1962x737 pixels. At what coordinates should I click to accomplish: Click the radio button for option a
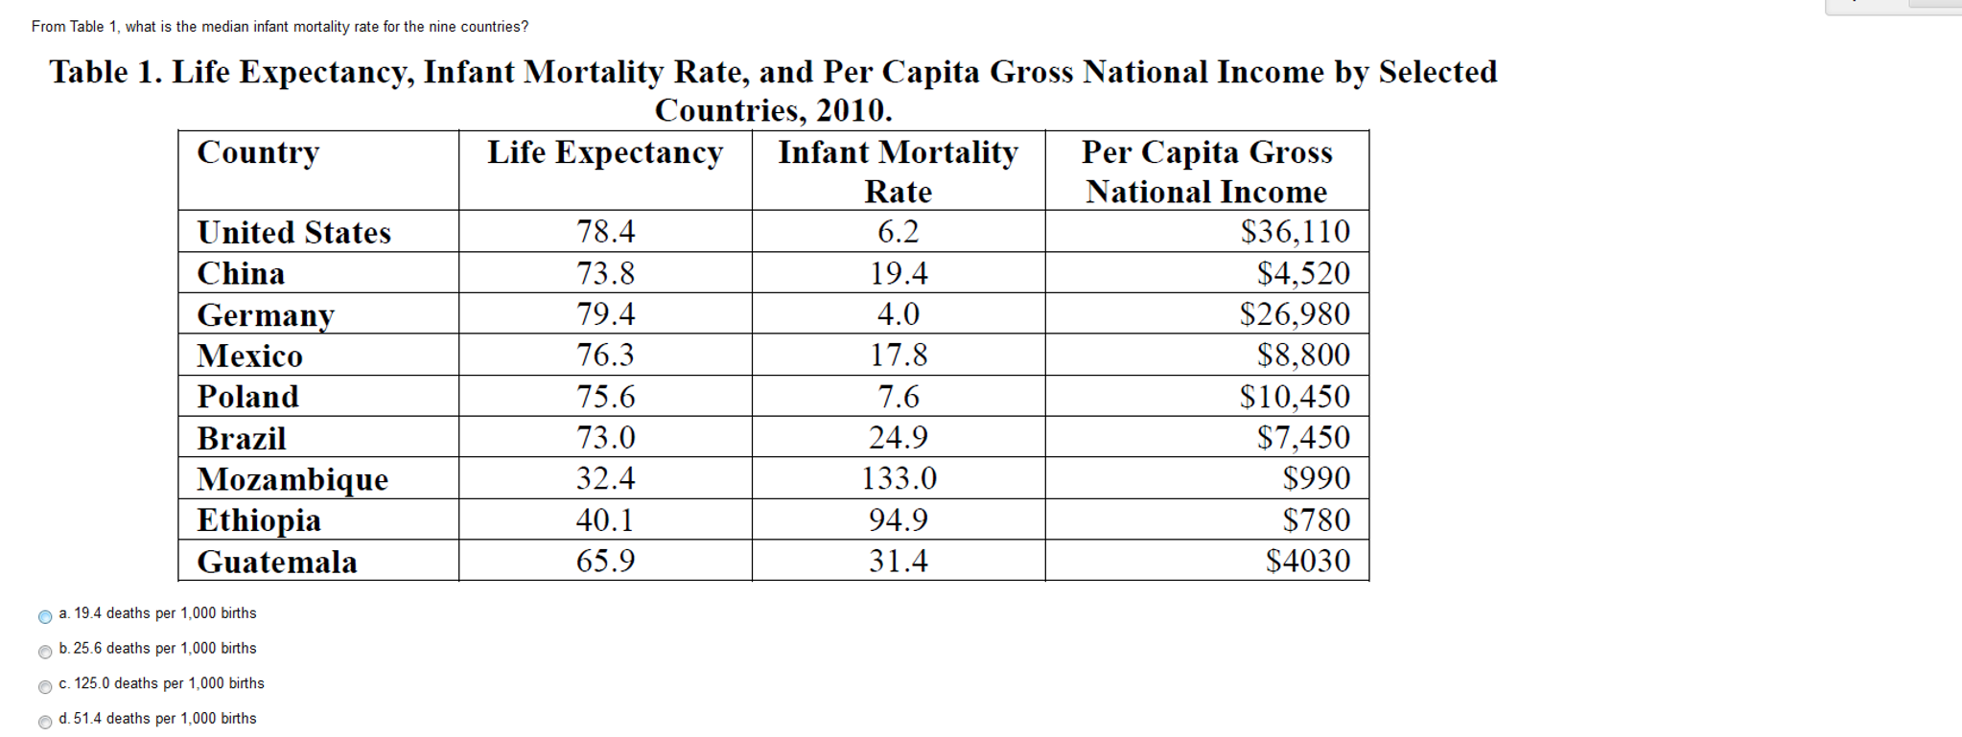click(45, 616)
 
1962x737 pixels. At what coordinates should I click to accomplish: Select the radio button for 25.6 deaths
click(45, 652)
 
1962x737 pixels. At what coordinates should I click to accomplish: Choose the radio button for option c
click(45, 687)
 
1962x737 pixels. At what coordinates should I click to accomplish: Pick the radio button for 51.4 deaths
click(45, 722)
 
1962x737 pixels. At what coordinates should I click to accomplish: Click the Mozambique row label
click(292, 478)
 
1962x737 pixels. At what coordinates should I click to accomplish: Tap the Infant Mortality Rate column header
click(898, 171)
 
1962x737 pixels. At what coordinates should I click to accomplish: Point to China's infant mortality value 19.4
click(899, 273)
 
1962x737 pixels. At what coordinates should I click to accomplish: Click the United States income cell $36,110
click(1295, 231)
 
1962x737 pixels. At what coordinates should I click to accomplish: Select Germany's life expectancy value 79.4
click(605, 313)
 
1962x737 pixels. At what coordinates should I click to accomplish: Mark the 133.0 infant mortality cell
click(899, 478)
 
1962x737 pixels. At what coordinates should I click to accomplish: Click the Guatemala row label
click(277, 562)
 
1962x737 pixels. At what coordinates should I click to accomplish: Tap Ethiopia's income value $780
click(1316, 519)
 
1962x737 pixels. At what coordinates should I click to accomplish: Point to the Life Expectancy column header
click(605, 152)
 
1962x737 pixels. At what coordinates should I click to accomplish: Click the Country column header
click(258, 152)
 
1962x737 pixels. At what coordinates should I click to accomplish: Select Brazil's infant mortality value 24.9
click(899, 437)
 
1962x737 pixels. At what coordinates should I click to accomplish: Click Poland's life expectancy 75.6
click(605, 396)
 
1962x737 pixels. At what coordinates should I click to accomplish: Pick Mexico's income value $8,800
click(1303, 355)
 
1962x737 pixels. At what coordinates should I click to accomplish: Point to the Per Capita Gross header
click(1206, 152)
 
